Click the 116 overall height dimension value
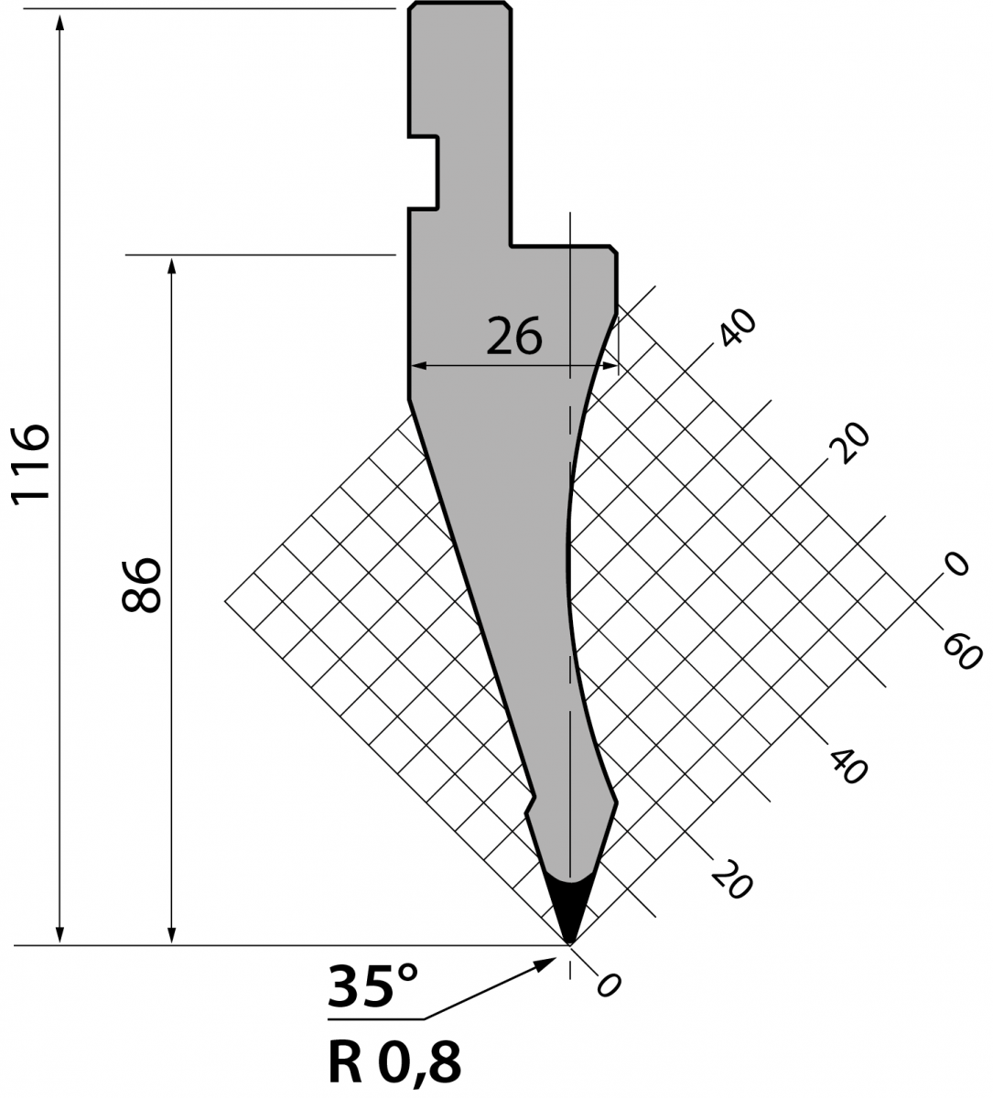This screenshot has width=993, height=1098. pyautogui.click(x=31, y=464)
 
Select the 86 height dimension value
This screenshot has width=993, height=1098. pyautogui.click(x=141, y=585)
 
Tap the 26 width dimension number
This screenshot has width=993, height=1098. pyautogui.click(x=513, y=336)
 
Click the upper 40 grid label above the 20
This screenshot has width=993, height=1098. pyautogui.click(x=738, y=328)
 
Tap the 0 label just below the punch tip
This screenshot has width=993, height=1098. pyautogui.click(x=609, y=985)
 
